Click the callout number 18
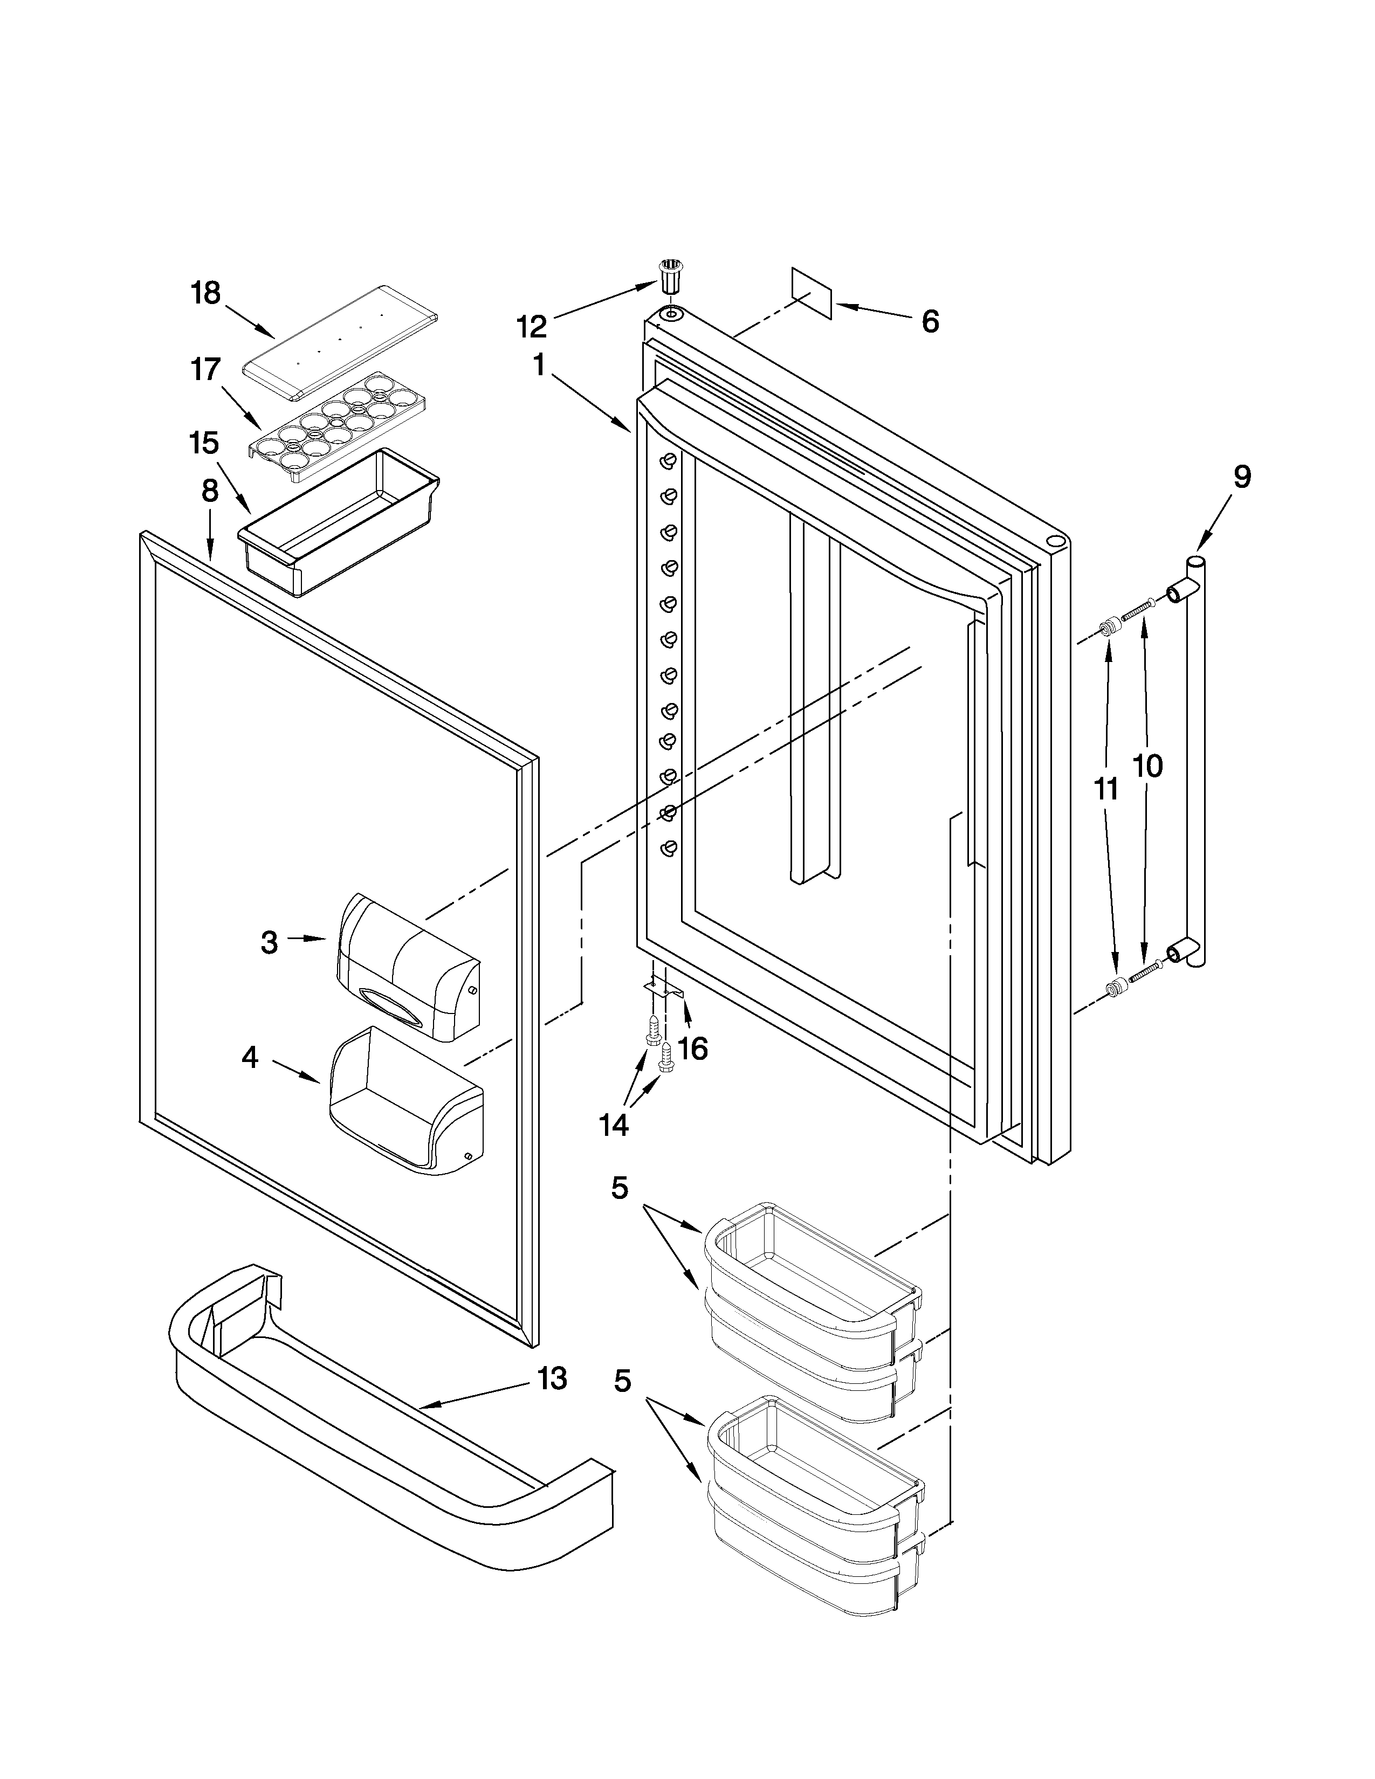[206, 293]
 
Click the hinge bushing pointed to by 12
[669, 277]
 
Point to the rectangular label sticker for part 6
[812, 293]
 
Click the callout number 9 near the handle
[1241, 477]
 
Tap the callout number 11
[1105, 789]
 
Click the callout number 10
[1149, 766]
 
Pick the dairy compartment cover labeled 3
[407, 966]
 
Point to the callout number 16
[692, 1049]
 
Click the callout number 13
[552, 1379]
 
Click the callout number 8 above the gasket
[210, 491]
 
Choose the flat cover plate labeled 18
[340, 341]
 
